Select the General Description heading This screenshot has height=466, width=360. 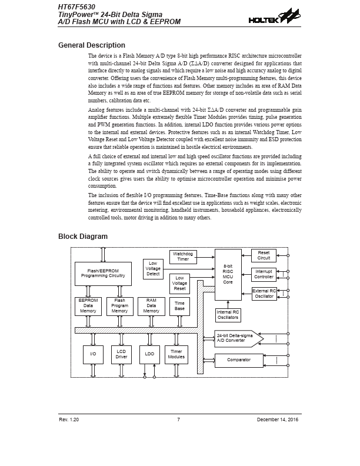coord(91,45)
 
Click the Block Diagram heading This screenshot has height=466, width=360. coord(82,237)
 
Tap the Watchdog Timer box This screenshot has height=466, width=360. coord(183,257)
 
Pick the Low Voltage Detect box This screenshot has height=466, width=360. coord(154,268)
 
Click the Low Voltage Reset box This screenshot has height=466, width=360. coord(179,283)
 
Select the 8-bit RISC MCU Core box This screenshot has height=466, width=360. coord(228,274)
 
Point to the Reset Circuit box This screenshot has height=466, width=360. coord(264,255)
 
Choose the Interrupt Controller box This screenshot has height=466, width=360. coord(264,274)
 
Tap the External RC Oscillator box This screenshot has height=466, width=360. coord(264,294)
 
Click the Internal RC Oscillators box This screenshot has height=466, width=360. coord(228,315)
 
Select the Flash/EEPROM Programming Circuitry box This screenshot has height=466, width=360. coord(103,273)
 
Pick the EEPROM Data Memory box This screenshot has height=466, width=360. coord(88,306)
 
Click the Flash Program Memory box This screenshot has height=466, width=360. coord(119,306)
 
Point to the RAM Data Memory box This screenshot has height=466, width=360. coord(151,306)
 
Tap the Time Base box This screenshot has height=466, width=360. coord(179,306)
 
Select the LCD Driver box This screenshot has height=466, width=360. coord(121,354)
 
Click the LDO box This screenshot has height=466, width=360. coord(149,354)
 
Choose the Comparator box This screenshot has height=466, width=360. coord(238,360)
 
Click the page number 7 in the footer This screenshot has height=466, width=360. coord(178,419)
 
